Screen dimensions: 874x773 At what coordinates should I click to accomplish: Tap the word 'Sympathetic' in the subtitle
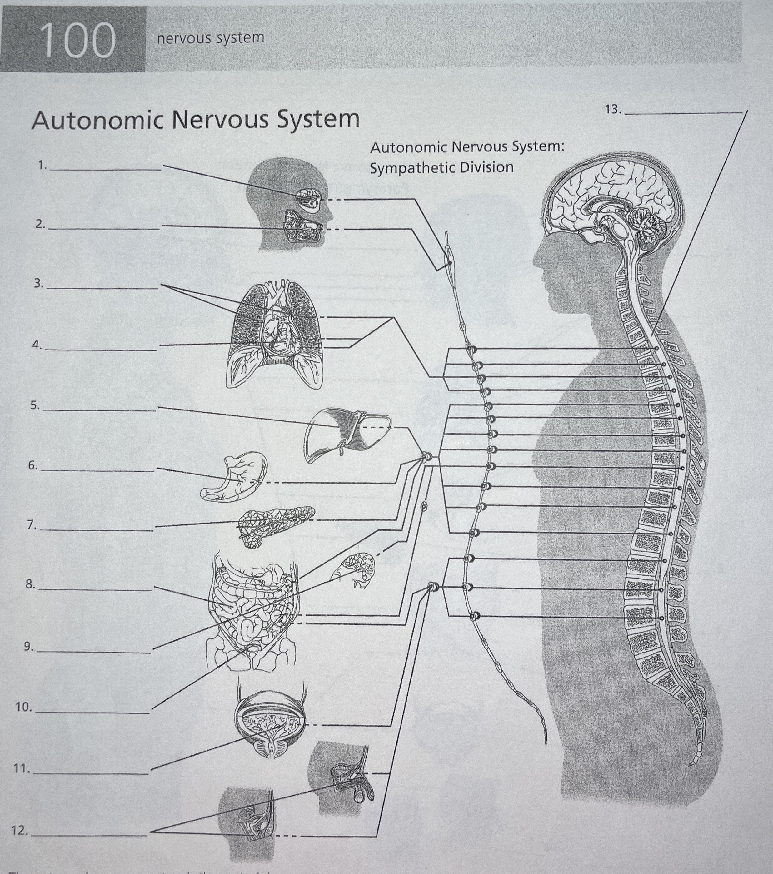tap(411, 168)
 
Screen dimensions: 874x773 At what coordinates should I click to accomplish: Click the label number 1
tap(42, 166)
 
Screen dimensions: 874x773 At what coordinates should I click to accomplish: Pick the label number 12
tap(20, 831)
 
